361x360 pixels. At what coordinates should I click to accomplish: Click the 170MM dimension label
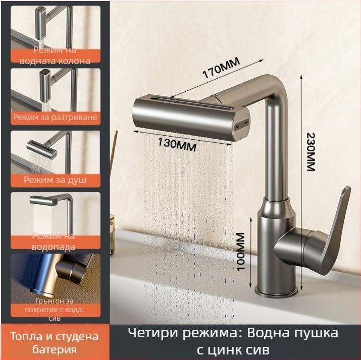[x=221, y=68]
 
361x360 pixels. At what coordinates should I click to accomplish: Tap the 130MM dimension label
[x=177, y=145]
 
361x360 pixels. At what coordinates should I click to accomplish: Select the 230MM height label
[x=311, y=152]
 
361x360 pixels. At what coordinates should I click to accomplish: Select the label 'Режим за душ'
[x=55, y=180]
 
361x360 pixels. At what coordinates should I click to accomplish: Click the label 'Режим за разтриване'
[x=55, y=117]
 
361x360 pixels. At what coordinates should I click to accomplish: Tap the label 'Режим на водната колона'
[x=55, y=55]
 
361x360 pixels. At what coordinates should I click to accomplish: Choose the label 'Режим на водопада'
[x=54, y=242]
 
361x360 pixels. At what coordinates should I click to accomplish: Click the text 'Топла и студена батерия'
[x=55, y=343]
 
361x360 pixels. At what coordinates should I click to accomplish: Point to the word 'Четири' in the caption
[x=153, y=333]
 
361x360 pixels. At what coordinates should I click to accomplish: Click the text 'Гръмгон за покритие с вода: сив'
[x=55, y=310]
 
